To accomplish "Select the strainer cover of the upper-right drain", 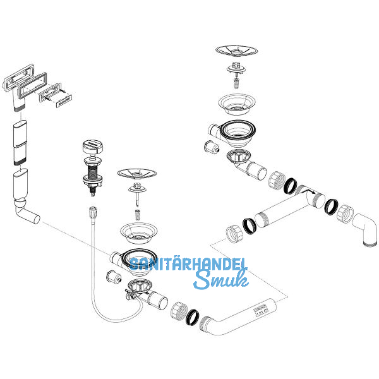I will [236, 51].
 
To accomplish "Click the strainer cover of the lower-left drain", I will [138, 173].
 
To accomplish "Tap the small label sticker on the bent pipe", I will [243, 311].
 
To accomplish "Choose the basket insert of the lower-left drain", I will [138, 232].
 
